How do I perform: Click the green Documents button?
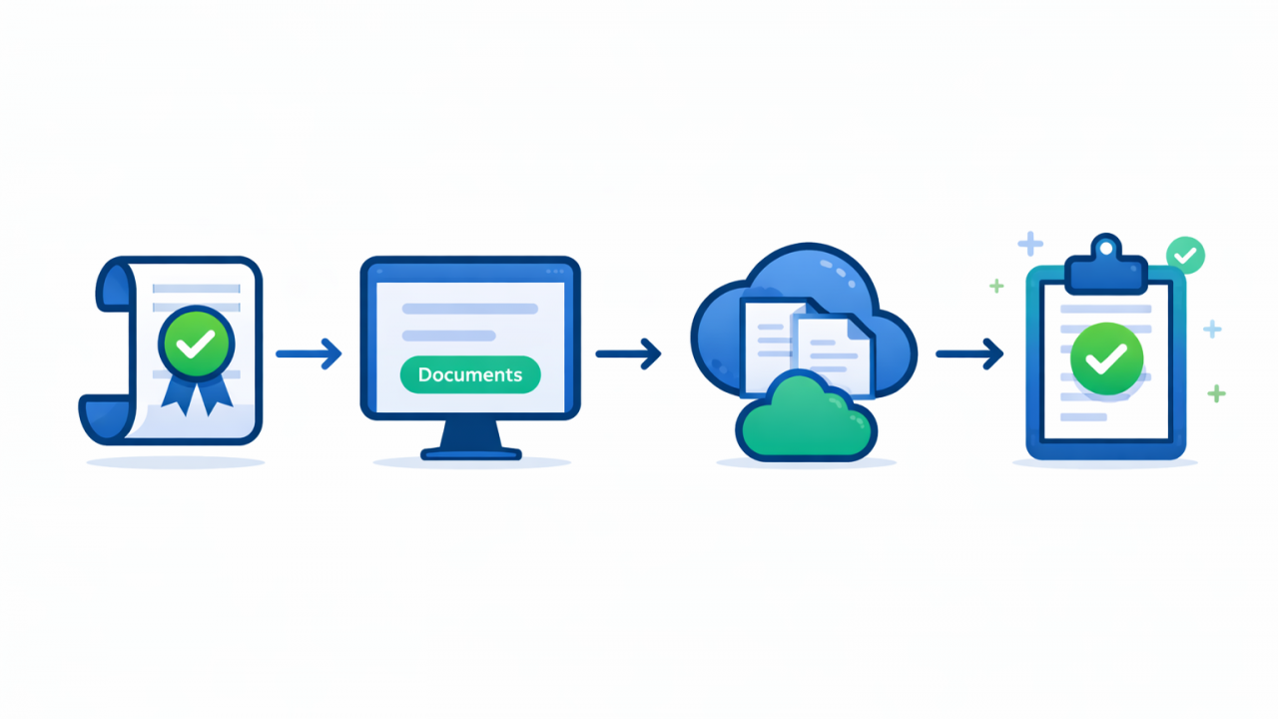[469, 374]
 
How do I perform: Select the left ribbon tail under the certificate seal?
[178, 397]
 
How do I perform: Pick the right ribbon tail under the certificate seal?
[214, 397]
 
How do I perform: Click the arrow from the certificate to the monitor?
[309, 353]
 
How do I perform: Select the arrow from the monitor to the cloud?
[628, 353]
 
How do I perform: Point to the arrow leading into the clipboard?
[968, 353]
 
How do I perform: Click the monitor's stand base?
[471, 452]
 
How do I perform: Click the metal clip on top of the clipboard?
[1106, 264]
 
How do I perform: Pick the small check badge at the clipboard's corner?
[1185, 256]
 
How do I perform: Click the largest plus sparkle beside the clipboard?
[1029, 243]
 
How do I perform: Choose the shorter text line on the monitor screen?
[448, 336]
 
